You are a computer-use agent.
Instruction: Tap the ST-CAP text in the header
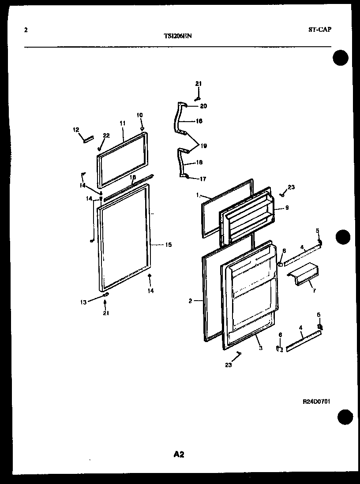click(x=320, y=30)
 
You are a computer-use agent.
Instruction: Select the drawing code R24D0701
click(x=317, y=402)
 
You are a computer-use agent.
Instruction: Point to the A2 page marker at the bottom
click(x=179, y=454)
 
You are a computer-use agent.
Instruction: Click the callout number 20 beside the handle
click(x=203, y=106)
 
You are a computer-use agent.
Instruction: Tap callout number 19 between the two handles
click(x=203, y=146)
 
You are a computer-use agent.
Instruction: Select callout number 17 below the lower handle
click(x=203, y=179)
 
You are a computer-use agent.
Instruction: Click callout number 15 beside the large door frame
click(x=168, y=245)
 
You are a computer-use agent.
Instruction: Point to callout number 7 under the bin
click(x=314, y=291)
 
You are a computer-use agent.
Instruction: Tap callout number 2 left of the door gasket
click(x=190, y=301)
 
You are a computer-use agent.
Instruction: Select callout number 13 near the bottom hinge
click(x=83, y=302)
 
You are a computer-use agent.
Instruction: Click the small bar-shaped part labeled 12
click(x=88, y=139)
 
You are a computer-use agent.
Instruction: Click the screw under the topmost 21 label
click(x=198, y=97)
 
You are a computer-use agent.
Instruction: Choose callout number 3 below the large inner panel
click(x=261, y=348)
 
